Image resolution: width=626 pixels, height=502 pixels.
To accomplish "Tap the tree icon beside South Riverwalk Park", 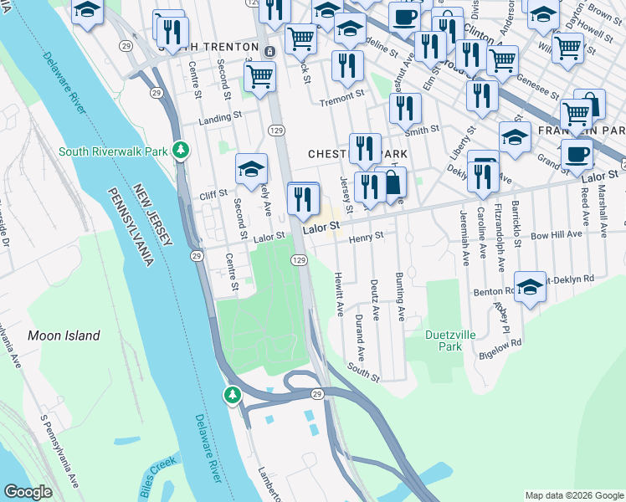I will tap(179, 151).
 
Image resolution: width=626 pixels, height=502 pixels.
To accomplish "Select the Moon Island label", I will tap(64, 336).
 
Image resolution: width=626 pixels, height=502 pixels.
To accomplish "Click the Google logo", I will tap(28, 492).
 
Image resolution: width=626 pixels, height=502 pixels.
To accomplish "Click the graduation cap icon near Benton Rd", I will tap(530, 288).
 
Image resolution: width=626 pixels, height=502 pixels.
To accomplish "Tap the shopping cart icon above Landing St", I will tap(260, 76).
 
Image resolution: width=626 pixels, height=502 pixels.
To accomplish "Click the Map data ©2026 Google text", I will tap(573, 494).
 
